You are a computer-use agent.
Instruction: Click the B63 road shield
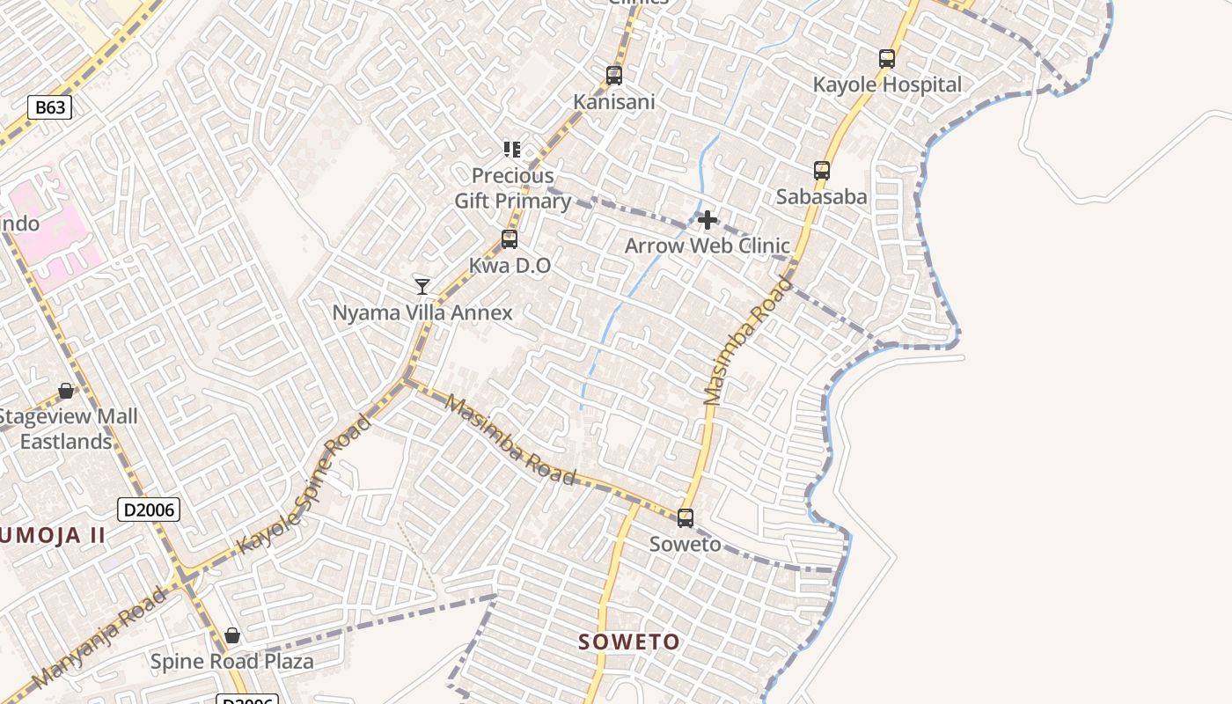click(49, 108)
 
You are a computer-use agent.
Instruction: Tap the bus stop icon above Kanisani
click(614, 76)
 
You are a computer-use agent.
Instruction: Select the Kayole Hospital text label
click(887, 85)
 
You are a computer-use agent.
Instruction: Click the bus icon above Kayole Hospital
click(887, 59)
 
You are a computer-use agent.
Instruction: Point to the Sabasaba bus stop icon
click(822, 171)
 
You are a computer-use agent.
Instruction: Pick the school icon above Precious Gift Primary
click(512, 150)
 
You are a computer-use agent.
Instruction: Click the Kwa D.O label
click(510, 266)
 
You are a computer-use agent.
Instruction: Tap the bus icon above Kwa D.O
click(510, 239)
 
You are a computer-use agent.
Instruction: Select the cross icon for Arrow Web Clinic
click(708, 220)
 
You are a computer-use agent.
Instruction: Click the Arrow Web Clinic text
click(708, 246)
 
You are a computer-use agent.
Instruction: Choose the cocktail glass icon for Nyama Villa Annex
click(422, 286)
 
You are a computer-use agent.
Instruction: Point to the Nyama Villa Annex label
click(422, 312)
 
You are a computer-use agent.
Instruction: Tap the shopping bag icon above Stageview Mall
click(66, 390)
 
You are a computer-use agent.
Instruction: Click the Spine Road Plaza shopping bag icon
click(232, 635)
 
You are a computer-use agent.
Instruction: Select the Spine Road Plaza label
click(232, 662)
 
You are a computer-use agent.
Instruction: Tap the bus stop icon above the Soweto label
click(686, 518)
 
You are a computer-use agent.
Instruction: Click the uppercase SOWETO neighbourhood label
click(629, 642)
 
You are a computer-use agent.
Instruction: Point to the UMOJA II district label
click(53, 535)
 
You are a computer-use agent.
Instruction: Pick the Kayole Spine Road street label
click(304, 484)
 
